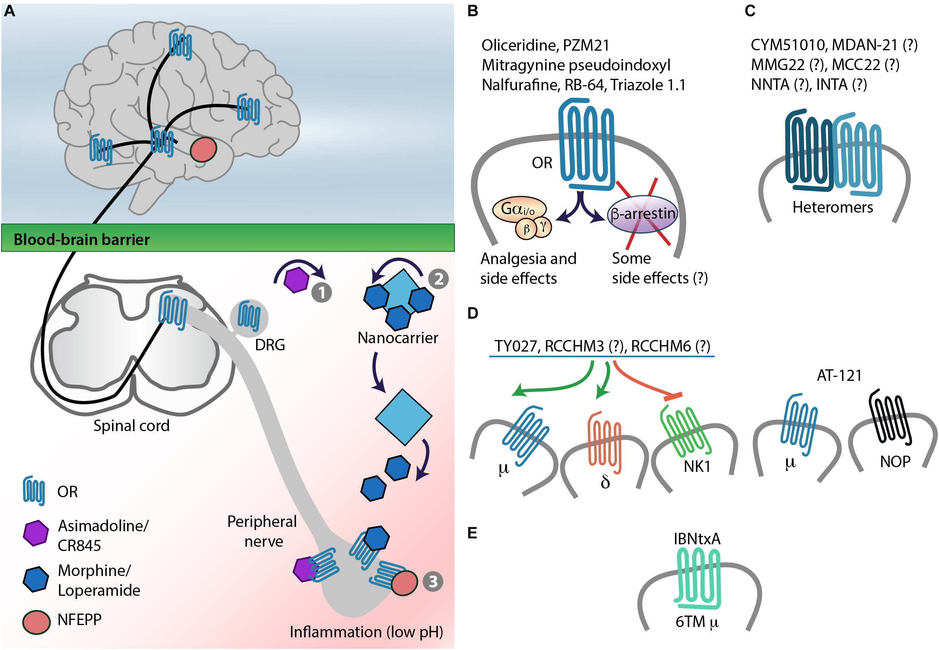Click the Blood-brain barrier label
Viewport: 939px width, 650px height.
click(x=82, y=239)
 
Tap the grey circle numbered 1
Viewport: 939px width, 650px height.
click(x=321, y=293)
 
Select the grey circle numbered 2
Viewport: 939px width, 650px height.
click(x=438, y=279)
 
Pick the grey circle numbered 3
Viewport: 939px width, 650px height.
click(x=432, y=581)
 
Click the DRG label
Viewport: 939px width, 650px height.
click(x=270, y=345)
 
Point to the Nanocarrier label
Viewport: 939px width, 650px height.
click(x=397, y=338)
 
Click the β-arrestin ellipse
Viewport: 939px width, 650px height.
click(x=642, y=214)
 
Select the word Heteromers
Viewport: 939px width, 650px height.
click(x=833, y=207)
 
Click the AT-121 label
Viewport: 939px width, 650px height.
click(x=839, y=376)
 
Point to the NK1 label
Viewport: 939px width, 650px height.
click(x=697, y=466)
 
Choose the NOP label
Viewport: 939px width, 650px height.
click(x=895, y=462)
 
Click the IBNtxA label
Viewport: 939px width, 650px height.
click(x=697, y=539)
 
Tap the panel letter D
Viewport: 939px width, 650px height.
click(x=472, y=313)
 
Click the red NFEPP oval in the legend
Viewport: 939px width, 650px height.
click(x=36, y=622)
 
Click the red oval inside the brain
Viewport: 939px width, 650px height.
click(x=203, y=150)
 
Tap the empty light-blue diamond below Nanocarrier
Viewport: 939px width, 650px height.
click(x=403, y=416)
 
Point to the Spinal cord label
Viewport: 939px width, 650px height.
click(x=131, y=426)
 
